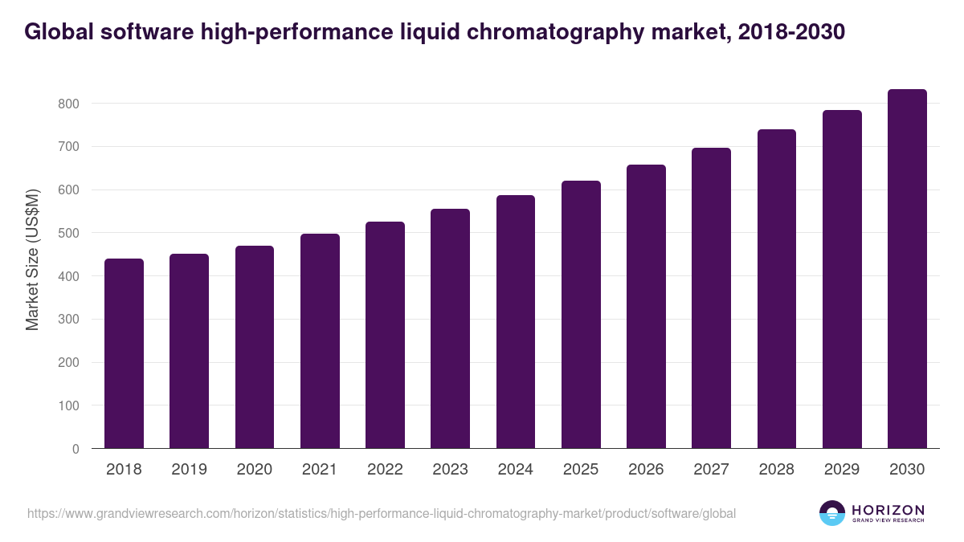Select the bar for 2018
coord(124,353)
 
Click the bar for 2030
coord(907,269)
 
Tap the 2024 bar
coord(516,321)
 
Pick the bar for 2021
coord(320,341)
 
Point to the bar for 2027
coord(711,298)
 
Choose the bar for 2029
coord(842,279)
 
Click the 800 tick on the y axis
coord(68,104)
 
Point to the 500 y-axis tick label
coord(68,233)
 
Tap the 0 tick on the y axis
coord(76,449)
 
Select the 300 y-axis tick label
coord(68,320)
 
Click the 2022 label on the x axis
coord(385,470)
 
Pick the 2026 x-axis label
coord(646,470)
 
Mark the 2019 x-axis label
coord(189,470)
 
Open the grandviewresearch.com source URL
coord(382,513)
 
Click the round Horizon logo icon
coord(832,513)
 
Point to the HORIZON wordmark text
coord(888,510)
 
